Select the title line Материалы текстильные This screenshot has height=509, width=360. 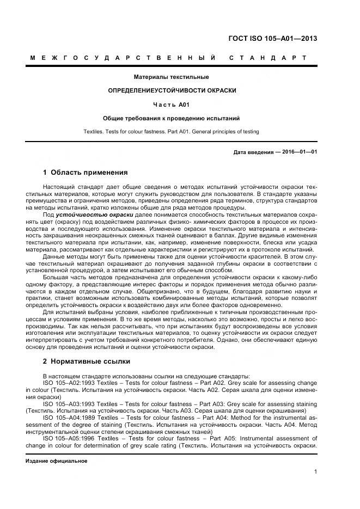point(172,77)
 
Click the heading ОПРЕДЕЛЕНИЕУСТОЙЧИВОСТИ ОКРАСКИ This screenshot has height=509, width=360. point(172,90)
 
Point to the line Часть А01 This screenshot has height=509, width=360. point(172,104)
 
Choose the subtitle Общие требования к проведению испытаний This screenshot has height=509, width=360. point(172,118)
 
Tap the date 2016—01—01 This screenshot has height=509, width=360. point(300,152)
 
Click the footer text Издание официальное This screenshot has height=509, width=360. point(57,461)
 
